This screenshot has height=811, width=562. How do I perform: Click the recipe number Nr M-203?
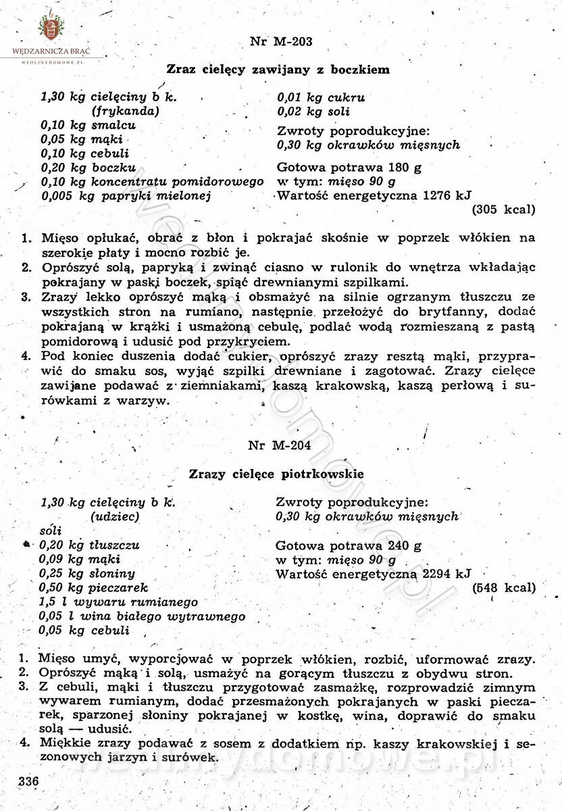pos(280,41)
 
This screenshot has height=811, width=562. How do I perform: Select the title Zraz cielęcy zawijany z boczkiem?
pos(278,69)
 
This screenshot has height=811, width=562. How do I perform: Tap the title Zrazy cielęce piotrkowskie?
pos(276,474)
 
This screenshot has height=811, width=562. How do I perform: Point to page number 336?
pos(28,781)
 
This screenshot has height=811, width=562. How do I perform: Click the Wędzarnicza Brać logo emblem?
pos(49,27)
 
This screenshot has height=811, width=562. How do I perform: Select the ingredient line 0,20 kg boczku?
pos(88,168)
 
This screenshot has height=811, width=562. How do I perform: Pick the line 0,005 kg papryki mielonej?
pos(126,196)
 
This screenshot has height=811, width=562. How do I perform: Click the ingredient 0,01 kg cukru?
pos(321,97)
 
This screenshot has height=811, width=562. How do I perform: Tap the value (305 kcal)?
pos(503,210)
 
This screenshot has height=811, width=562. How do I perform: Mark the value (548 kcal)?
pos(504,588)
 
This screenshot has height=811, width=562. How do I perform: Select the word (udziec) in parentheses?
pos(115,516)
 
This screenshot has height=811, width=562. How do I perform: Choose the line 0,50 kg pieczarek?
pos(93,588)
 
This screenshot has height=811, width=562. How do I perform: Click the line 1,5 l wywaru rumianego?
pos(119,602)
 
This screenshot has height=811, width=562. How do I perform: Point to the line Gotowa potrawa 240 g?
pos(348,546)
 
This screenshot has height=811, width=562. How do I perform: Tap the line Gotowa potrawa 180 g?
pos(349,168)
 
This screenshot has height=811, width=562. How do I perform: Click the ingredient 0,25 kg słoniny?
pos(87,574)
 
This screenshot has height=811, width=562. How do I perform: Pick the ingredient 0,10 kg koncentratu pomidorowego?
pos(152,182)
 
